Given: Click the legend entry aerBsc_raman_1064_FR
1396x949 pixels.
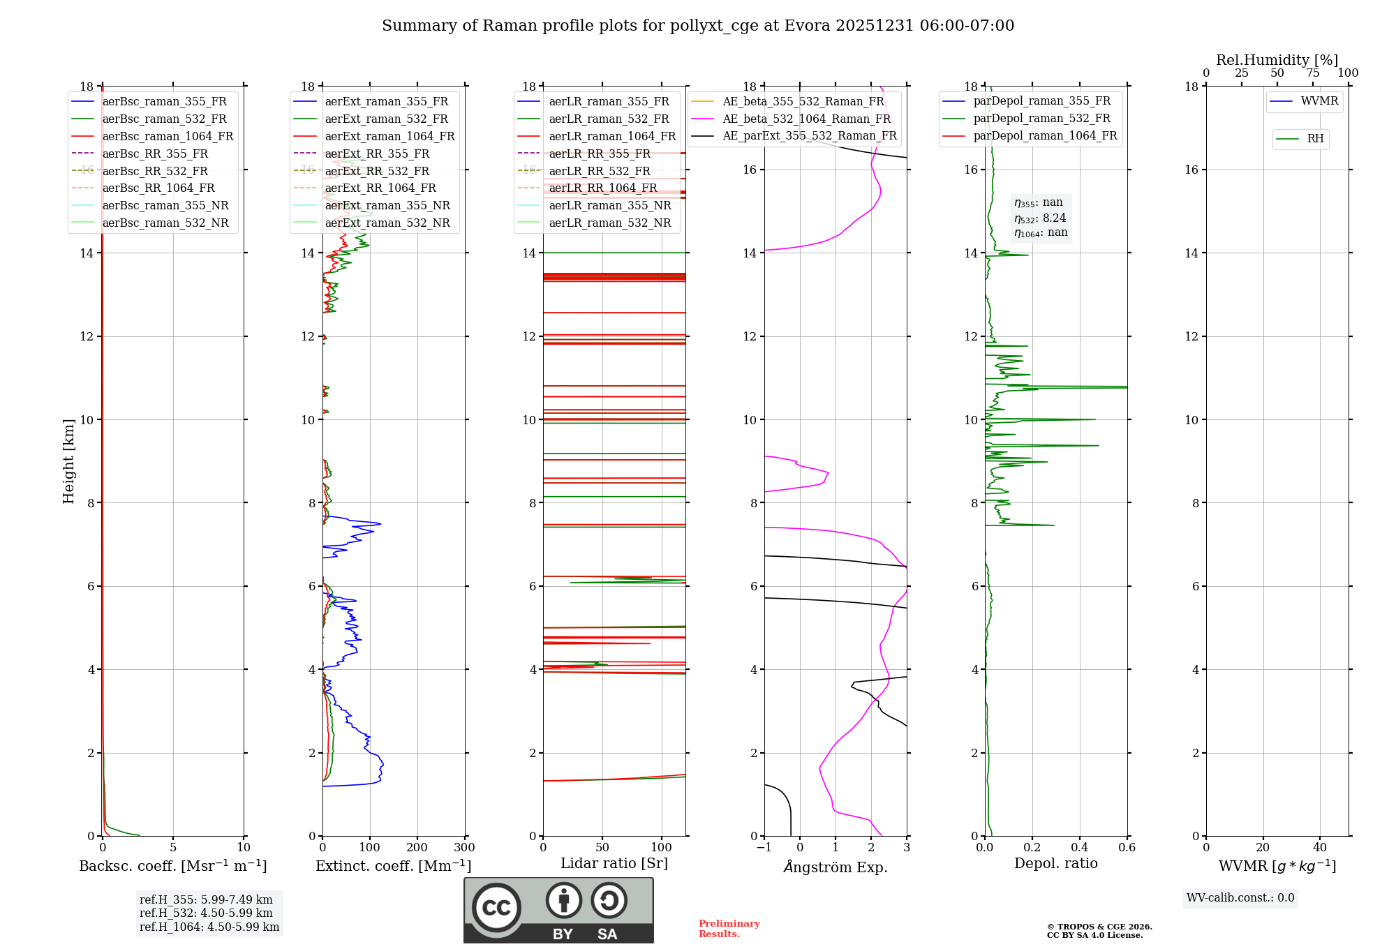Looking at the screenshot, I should click(x=168, y=136).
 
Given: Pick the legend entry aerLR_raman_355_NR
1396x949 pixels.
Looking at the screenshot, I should click(x=609, y=205).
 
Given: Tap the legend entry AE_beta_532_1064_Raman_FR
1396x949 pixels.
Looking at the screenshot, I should click(x=806, y=119).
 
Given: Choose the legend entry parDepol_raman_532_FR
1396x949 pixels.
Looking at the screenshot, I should click(x=1041, y=119).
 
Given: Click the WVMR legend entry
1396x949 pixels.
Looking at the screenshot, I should click(x=1319, y=101).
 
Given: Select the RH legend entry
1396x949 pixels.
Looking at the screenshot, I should click(x=1315, y=139).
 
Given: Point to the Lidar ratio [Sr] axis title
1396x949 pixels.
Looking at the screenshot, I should click(x=614, y=863).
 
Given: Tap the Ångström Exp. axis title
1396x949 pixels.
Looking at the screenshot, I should click(x=836, y=867).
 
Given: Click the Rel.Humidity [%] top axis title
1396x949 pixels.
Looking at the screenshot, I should click(x=1277, y=60).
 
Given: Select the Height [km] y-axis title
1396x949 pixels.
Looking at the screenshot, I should click(x=68, y=461).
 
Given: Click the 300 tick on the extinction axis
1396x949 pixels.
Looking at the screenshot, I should click(x=464, y=848).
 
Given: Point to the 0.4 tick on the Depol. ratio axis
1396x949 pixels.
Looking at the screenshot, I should click(x=1079, y=848).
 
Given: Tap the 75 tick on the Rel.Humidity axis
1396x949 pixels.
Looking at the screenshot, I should click(x=1313, y=73).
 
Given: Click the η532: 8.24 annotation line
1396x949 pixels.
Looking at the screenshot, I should click(x=1040, y=218).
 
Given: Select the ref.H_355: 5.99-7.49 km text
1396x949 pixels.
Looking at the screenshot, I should click(x=206, y=899).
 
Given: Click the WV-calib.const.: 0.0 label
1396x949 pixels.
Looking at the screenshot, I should click(x=1240, y=898).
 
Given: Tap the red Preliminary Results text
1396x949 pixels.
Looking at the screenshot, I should click(x=729, y=929).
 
